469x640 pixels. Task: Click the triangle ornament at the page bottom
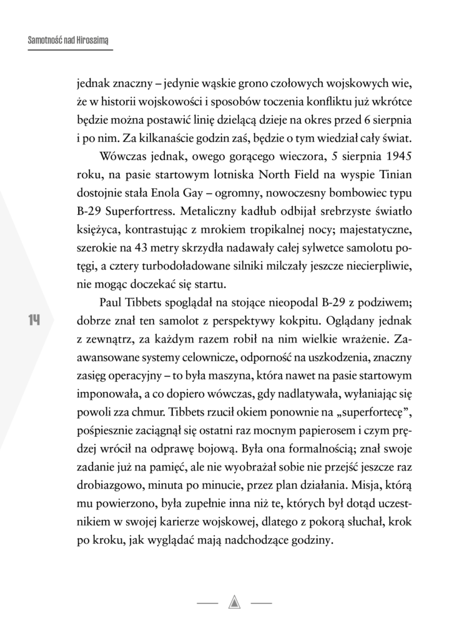235,602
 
